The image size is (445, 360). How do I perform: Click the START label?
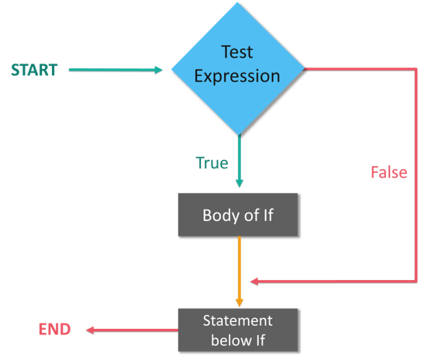pyautogui.click(x=34, y=70)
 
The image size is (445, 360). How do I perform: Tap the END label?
pyautogui.click(x=54, y=330)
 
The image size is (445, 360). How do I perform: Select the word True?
pyautogui.click(x=212, y=163)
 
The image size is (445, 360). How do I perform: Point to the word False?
pyautogui.click(x=388, y=172)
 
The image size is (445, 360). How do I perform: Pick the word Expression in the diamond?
pyautogui.click(x=237, y=76)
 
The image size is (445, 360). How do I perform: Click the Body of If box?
pyautogui.click(x=238, y=215)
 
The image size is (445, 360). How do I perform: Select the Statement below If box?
pyautogui.click(x=238, y=331)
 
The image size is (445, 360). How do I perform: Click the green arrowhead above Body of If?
pyautogui.click(x=239, y=183)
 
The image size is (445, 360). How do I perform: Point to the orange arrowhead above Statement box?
pyautogui.click(x=239, y=300)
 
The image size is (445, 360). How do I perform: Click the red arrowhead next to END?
pyautogui.click(x=90, y=330)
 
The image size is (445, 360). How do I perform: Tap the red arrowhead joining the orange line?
pyautogui.click(x=254, y=281)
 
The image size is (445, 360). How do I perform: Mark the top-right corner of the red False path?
pyautogui.click(x=417, y=69)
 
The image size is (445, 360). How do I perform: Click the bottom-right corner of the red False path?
pyautogui.click(x=417, y=281)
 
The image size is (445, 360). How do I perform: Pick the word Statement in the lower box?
pyautogui.click(x=238, y=320)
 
